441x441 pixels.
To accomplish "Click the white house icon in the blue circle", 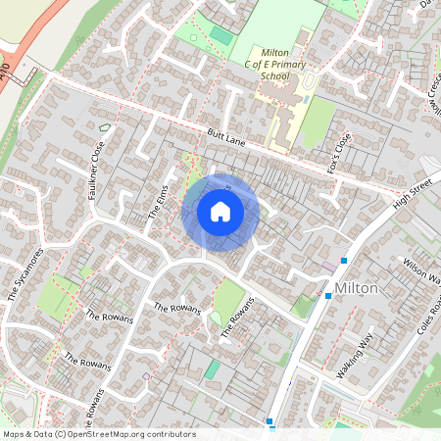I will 220,211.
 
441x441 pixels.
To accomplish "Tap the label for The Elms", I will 159,201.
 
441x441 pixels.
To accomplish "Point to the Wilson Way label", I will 421,270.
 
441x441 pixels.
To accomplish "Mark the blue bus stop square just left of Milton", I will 327,295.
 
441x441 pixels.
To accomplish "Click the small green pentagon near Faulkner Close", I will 104,127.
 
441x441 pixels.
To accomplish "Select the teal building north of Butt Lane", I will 222,36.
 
